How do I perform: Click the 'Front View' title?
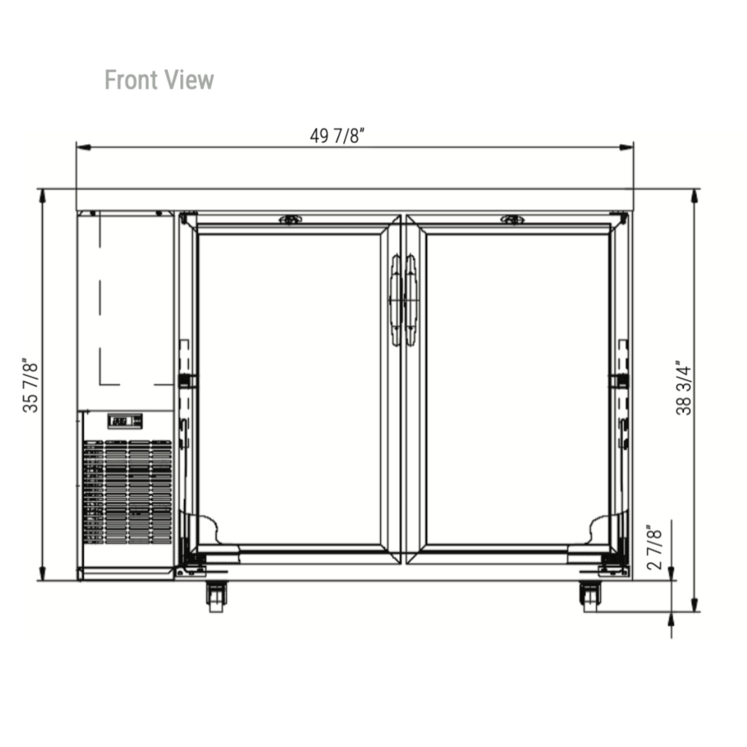coord(159,80)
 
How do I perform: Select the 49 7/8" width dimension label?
coord(337,135)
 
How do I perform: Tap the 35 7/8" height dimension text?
coord(30,385)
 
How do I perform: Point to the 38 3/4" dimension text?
coord(683,388)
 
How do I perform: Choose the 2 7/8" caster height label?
coord(654,547)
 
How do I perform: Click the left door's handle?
coord(395,300)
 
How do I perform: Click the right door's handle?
coord(411,300)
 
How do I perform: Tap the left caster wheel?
coord(216,597)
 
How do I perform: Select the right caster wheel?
coord(590,597)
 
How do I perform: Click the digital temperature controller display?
coord(125,421)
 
